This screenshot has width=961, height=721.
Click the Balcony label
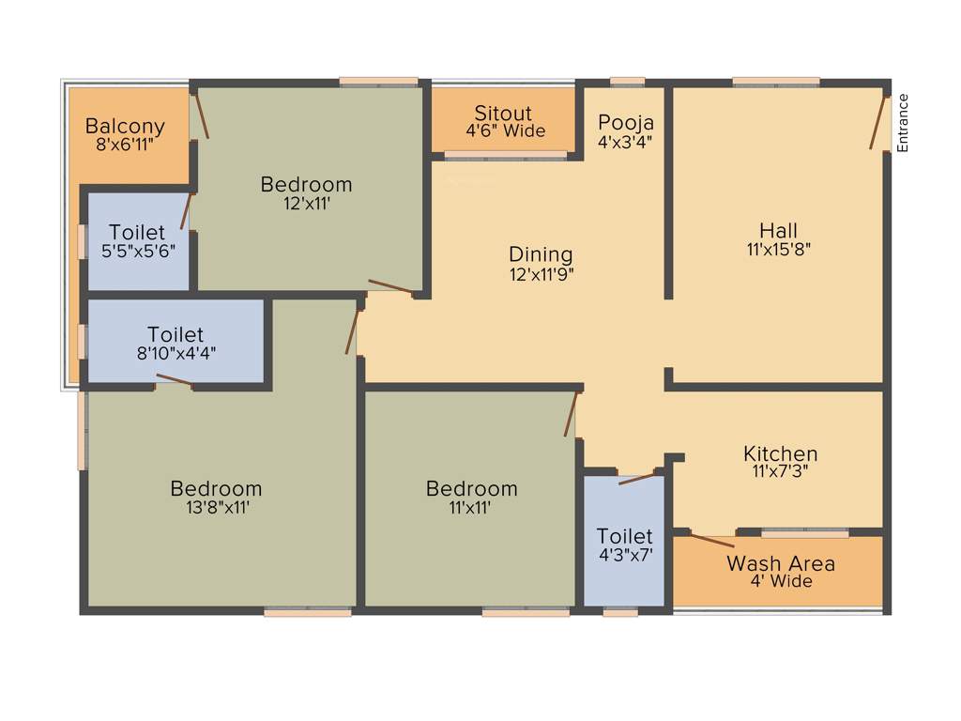click(125, 126)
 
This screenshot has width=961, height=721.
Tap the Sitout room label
click(503, 114)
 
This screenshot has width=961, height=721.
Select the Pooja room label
click(626, 122)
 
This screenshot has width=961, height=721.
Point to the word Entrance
click(903, 122)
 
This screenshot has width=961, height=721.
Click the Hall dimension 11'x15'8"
click(779, 250)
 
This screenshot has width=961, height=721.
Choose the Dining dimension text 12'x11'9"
click(541, 274)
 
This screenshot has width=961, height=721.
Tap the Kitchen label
click(781, 453)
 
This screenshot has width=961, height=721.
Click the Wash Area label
click(781, 563)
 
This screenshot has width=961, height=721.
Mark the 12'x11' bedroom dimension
click(306, 203)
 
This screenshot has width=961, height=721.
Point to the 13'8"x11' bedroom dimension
click(216, 507)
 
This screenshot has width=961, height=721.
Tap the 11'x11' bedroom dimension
click(471, 507)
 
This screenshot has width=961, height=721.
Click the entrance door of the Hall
click(879, 122)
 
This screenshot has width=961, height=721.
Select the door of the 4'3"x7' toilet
click(638, 478)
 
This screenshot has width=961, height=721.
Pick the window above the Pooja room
click(627, 82)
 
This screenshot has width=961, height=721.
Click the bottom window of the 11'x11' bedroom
click(526, 612)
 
